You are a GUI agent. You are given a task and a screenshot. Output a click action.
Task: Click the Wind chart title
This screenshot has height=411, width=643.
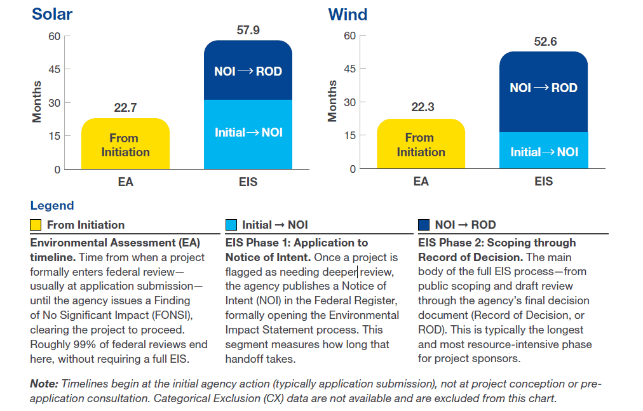[348, 14]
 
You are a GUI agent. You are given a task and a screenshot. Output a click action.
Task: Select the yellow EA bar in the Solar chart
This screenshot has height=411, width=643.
[125, 144]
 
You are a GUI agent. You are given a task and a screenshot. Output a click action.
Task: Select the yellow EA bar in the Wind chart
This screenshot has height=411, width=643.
[421, 144]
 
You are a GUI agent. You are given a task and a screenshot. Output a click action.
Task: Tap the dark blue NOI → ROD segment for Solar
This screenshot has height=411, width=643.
[248, 71]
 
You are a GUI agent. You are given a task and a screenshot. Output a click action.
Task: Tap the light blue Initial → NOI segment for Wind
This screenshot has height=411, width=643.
[543, 151]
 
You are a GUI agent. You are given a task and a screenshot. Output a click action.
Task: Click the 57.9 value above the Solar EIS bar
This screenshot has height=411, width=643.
[247, 30]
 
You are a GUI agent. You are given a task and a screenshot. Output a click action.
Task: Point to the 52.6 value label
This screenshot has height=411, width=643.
[544, 41]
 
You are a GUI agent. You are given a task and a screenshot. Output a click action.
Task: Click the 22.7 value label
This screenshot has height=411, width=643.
[125, 107]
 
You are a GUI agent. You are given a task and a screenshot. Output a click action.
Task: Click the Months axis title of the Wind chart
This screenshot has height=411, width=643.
[332, 101]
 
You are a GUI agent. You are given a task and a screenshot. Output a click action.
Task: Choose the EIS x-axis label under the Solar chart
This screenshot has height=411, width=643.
[248, 182]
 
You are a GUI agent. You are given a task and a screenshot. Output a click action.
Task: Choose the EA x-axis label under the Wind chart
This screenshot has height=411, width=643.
[421, 182]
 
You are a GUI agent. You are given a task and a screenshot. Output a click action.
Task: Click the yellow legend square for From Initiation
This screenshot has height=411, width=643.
[36, 225]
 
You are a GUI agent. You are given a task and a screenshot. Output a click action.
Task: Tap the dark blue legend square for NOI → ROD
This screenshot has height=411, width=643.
[424, 225]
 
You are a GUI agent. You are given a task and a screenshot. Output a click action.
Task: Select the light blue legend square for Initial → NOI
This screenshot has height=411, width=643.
[231, 225]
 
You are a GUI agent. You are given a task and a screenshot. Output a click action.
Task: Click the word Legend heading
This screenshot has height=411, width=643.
[52, 205]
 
